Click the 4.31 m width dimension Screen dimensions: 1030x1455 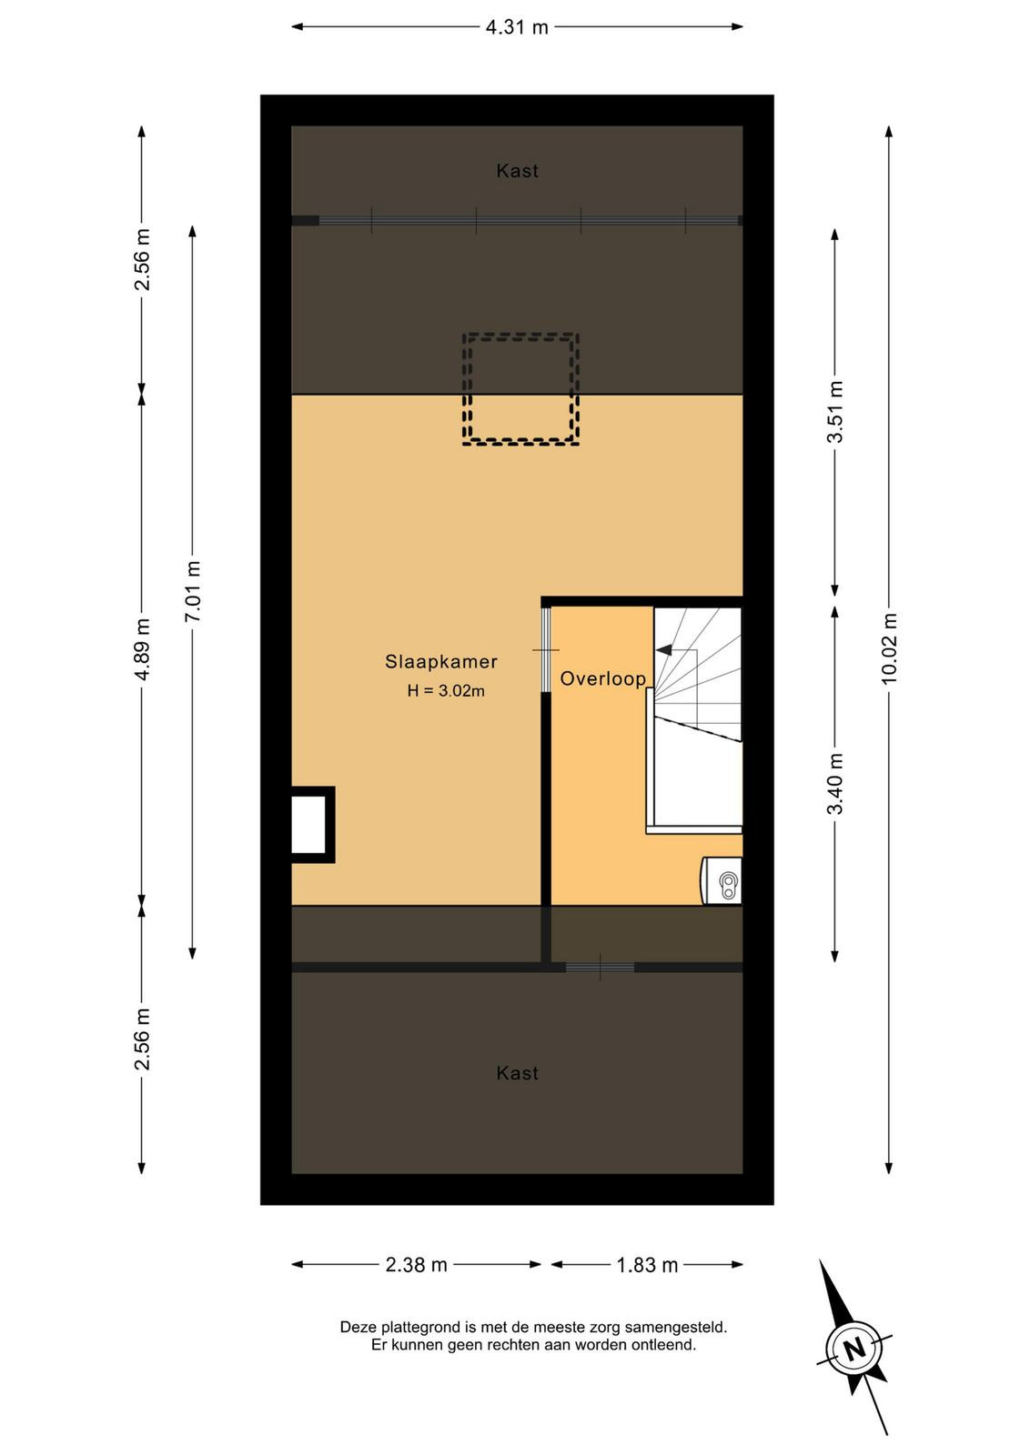(517, 27)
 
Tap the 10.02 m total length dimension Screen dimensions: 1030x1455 (889, 647)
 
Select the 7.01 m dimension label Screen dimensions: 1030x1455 (193, 591)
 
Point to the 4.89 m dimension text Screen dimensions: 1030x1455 (142, 649)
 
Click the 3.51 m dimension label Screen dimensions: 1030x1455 (835, 412)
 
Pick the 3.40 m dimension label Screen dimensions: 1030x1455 (835, 783)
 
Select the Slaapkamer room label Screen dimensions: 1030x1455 (441, 662)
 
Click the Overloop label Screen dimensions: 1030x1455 (603, 678)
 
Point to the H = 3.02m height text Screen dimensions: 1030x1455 (446, 690)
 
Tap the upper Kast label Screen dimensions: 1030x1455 (517, 171)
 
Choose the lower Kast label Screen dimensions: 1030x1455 (517, 1073)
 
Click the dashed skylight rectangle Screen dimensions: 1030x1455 (520, 336)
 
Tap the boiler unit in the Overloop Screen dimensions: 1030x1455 (722, 880)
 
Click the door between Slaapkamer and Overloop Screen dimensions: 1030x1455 (546, 649)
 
